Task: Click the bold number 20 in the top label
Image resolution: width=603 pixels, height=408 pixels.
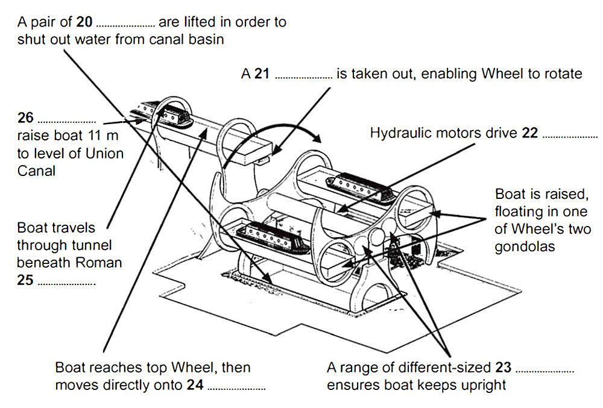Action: click(x=84, y=23)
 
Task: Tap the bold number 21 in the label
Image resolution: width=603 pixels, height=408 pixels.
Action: click(x=262, y=74)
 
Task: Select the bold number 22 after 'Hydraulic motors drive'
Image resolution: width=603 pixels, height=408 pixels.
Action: click(x=530, y=133)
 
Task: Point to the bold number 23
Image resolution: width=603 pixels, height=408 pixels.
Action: click(x=503, y=368)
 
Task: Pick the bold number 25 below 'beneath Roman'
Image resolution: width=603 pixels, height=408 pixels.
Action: click(x=25, y=280)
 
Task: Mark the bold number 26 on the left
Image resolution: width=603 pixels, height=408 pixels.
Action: click(x=26, y=117)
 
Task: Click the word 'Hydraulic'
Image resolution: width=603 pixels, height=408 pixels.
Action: click(x=400, y=133)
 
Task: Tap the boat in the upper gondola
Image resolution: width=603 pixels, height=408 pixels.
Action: click(x=359, y=184)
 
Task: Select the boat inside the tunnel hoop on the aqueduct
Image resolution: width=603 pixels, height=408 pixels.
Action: click(x=171, y=113)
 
